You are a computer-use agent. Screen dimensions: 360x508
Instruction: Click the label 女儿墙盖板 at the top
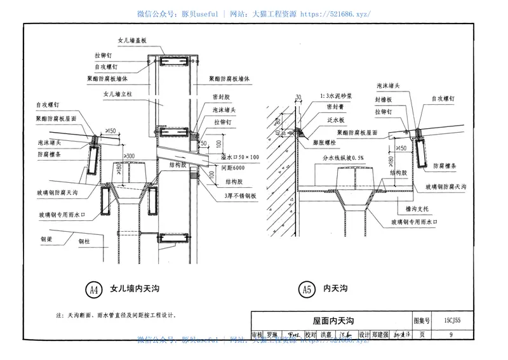(x=132, y=39)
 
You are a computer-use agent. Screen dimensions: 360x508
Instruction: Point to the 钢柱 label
(x=85, y=241)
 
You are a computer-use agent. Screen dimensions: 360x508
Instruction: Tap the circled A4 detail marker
(x=93, y=290)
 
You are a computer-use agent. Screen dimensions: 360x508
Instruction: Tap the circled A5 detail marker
(x=307, y=290)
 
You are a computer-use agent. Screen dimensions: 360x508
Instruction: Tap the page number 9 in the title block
(x=450, y=335)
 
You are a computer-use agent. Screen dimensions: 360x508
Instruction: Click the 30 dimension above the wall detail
(x=297, y=97)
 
